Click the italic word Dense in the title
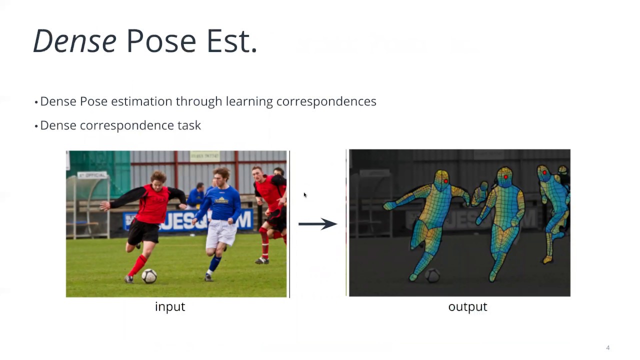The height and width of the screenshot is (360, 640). click(74, 41)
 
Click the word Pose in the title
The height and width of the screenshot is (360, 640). click(161, 41)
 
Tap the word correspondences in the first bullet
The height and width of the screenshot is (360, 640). click(326, 101)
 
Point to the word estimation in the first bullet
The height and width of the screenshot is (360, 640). click(141, 101)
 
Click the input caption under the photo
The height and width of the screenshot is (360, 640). click(170, 307)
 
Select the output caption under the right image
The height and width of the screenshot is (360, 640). click(467, 307)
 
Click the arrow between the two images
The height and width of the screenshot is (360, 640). click(317, 223)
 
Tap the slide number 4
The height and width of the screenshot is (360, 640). click(608, 348)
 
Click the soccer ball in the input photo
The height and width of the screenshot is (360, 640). click(149, 275)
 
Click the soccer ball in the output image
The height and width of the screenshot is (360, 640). click(432, 275)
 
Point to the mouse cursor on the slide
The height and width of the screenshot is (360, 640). click(305, 195)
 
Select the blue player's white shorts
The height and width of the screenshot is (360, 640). click(221, 234)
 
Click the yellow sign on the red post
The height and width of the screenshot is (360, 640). click(204, 156)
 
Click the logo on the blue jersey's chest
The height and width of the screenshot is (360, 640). click(221, 201)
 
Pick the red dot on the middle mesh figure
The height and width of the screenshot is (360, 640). click(506, 176)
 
